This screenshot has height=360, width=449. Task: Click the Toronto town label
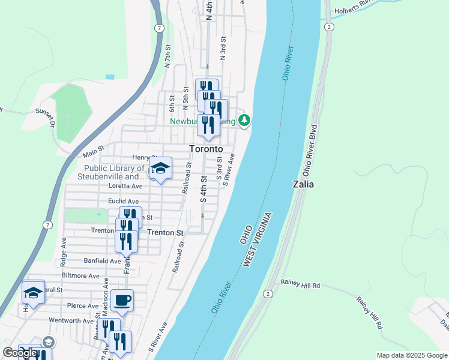click(x=206, y=149)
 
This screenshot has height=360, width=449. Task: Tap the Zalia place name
click(x=303, y=184)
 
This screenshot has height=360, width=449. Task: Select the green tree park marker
click(x=244, y=121)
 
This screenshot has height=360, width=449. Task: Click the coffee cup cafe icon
click(x=122, y=300)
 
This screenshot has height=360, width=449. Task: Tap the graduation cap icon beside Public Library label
click(x=160, y=169)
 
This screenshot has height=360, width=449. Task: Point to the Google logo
click(x=20, y=353)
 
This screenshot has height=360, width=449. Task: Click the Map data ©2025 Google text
click(x=411, y=355)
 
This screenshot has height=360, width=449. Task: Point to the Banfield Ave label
click(x=103, y=261)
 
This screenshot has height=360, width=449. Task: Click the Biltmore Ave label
click(x=80, y=276)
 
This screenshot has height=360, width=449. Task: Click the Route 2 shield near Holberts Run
click(x=328, y=27)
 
